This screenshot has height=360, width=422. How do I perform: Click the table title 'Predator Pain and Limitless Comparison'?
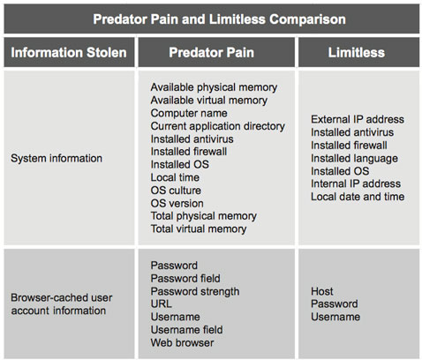pos(219,19)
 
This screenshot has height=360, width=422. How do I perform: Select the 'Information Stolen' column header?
pos(69,53)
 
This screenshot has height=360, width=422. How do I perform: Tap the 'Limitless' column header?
pos(357,53)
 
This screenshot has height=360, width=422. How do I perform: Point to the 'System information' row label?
pos(57,158)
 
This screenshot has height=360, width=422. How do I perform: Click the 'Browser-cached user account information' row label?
pos(62,304)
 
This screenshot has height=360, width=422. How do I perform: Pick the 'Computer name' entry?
pos(189,113)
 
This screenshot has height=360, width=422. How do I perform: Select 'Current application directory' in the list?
pos(218,126)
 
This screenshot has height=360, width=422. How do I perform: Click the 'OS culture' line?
pos(176,191)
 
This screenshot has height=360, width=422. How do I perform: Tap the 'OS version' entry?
pos(177,203)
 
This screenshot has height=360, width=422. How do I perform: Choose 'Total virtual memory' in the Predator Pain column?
pos(199,229)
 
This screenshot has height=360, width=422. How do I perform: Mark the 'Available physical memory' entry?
pos(214,87)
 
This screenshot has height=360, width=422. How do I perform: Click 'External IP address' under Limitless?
pos(358,119)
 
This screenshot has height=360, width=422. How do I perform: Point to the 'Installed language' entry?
pos(355,159)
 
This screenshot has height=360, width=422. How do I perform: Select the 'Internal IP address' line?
pos(356,184)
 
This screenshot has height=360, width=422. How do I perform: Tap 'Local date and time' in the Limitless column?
pos(358,197)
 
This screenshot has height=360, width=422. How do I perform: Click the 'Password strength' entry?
pos(195,291)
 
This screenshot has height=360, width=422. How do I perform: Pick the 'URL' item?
pos(162,304)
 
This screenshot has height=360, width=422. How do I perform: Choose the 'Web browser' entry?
pos(182,343)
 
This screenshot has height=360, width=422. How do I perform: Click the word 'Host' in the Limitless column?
pos(322,291)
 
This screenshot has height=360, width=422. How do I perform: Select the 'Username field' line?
pos(186,330)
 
